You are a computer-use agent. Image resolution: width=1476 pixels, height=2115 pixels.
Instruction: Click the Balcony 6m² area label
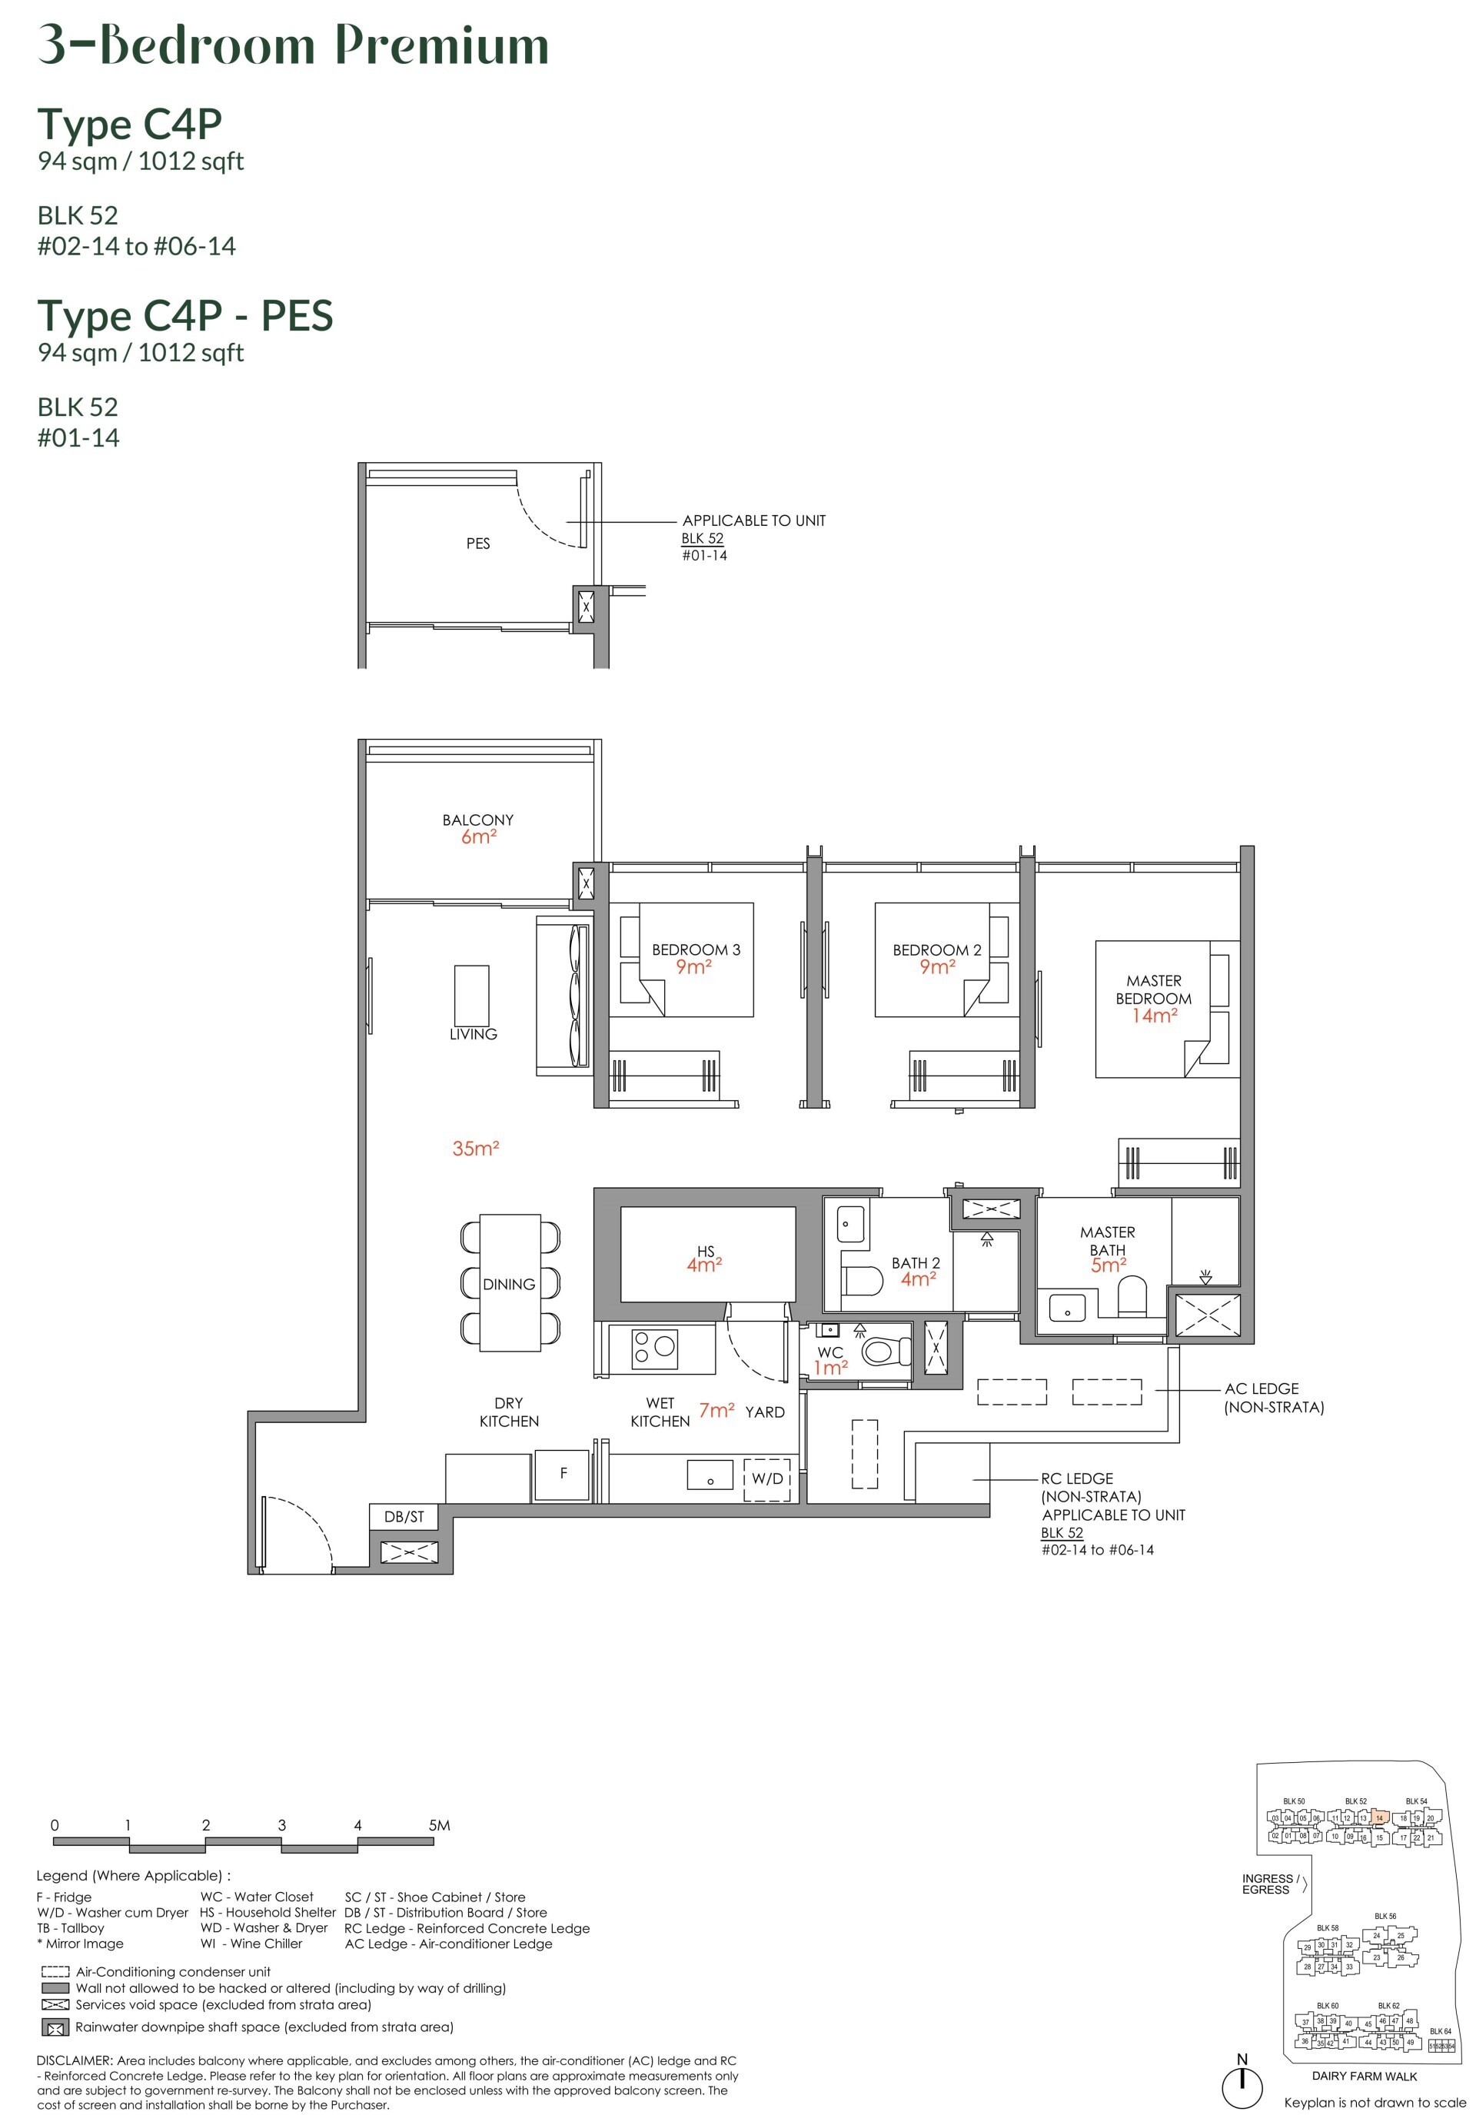477,828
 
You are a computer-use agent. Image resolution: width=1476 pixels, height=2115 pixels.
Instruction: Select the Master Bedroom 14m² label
1154,998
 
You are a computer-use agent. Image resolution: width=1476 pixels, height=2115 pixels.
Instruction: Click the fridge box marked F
563,1474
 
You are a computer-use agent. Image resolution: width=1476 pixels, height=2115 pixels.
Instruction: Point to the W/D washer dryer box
766,1478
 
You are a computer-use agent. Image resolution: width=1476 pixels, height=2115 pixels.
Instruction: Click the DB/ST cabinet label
404,1516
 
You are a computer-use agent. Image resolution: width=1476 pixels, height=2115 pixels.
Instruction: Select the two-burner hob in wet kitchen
654,1348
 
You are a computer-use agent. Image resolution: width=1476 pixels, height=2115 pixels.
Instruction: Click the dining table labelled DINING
509,1283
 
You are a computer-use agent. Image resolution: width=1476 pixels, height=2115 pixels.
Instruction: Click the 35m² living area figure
475,1149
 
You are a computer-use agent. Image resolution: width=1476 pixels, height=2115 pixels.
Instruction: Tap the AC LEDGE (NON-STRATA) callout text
1273,1398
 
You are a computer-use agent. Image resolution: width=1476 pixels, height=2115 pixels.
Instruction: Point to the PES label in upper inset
477,544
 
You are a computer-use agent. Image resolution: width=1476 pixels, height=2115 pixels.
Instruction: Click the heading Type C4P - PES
184,316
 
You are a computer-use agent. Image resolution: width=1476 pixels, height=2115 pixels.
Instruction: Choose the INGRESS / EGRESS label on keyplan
1270,1884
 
